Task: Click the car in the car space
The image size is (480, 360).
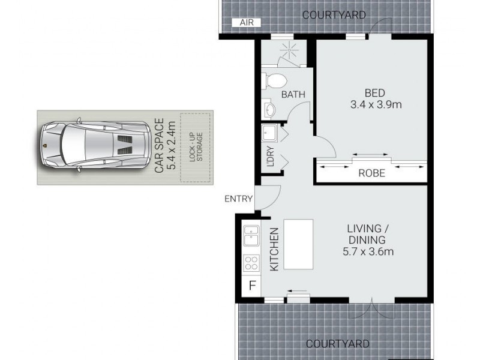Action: tap(95, 146)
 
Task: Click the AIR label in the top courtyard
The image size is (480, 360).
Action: tap(247, 22)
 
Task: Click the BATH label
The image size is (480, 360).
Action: tap(293, 94)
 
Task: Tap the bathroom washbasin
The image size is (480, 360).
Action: tap(269, 110)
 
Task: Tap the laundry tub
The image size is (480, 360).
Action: tap(269, 133)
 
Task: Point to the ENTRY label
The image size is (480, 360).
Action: tap(238, 199)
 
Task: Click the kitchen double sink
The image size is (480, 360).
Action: tap(250, 235)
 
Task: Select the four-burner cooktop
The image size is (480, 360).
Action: tap(250, 263)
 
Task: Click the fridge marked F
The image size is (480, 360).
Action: tap(251, 285)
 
